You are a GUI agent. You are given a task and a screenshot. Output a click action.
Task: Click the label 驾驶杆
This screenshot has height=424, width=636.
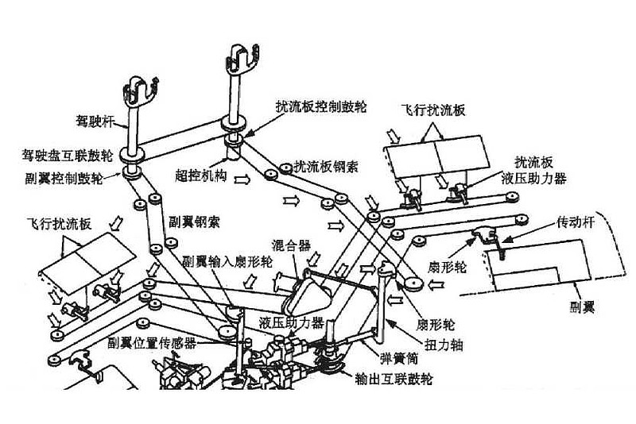pos(95,121)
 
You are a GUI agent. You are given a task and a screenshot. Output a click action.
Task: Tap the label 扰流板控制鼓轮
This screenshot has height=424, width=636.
pos(321,106)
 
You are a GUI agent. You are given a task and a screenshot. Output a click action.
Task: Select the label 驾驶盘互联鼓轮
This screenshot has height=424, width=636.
pos(68,156)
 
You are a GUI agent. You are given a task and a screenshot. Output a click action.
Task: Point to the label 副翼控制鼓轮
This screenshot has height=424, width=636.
pos(64,178)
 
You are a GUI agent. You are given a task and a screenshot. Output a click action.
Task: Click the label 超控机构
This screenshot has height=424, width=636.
pos(201,175)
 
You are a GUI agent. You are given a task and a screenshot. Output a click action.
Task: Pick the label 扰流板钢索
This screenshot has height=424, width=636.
pos(326,167)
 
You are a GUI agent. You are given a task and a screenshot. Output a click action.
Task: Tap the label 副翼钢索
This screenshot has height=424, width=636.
pos(195,222)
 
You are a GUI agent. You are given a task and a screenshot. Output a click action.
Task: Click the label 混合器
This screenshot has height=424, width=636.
pos(291,245)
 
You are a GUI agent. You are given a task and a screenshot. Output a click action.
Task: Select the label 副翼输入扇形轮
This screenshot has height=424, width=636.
pos(227,261)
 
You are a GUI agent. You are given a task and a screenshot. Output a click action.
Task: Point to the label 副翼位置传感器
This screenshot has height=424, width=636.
pos(152,343)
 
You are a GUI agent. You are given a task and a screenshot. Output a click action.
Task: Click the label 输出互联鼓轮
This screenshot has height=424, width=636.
pos(394,379)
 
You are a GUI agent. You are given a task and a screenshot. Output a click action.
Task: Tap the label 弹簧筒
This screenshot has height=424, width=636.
pos(399,358)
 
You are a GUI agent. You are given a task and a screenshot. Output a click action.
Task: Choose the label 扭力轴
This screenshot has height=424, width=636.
pos(444,345)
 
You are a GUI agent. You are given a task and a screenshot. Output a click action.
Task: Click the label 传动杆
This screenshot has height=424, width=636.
pos(576,222)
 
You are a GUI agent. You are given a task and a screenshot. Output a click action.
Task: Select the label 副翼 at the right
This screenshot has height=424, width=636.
pos(583,307)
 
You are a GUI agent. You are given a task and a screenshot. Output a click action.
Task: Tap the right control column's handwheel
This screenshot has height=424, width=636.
pos(242,58)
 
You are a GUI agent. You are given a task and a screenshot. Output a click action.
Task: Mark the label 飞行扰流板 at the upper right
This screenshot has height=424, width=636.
pos(433,110)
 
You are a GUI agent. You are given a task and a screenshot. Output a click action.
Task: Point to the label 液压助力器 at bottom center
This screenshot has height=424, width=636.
pos(292,322)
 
